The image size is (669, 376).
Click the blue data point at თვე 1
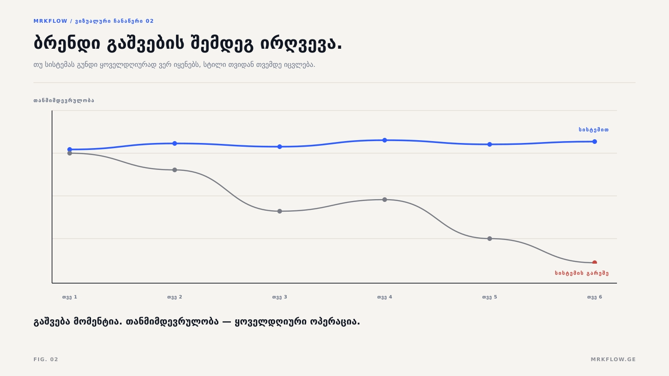[70, 149]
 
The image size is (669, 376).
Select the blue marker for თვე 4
[385, 140]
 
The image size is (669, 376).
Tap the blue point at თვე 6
[595, 142]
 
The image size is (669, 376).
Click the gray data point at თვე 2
[175, 170]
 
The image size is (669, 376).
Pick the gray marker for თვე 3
[280, 211]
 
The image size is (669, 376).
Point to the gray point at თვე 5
[490, 239]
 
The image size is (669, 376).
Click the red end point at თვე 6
[595, 262]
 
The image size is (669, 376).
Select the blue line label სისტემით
[593, 130]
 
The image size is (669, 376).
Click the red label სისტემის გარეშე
[582, 273]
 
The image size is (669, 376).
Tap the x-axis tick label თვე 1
[70, 297]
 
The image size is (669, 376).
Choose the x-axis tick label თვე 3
[280, 297]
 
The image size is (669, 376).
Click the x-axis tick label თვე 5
[490, 297]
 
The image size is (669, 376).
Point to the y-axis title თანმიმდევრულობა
[64, 101]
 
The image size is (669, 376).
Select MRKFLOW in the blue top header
[51, 21]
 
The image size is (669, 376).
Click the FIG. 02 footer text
[46, 359]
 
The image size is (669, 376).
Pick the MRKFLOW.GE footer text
[613, 359]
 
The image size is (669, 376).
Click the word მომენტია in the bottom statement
[98, 322]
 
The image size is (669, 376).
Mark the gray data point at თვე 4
[385, 200]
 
